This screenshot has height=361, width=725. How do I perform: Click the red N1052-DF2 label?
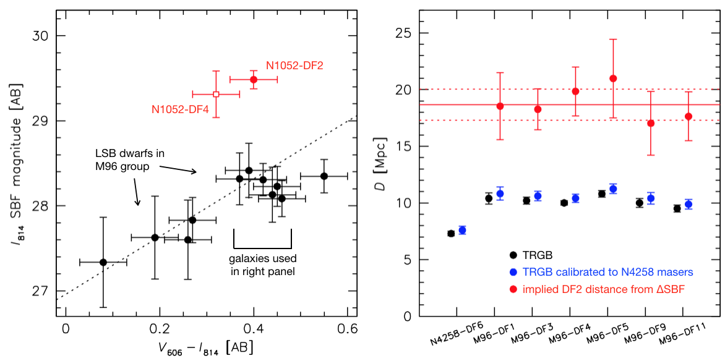[x=295, y=65]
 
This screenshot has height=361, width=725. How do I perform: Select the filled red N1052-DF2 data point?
[x=254, y=79]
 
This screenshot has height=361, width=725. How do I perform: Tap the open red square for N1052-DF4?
[x=216, y=94]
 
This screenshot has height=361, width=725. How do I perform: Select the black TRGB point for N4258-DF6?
[x=451, y=233]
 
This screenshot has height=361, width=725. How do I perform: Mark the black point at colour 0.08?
[x=103, y=262]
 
